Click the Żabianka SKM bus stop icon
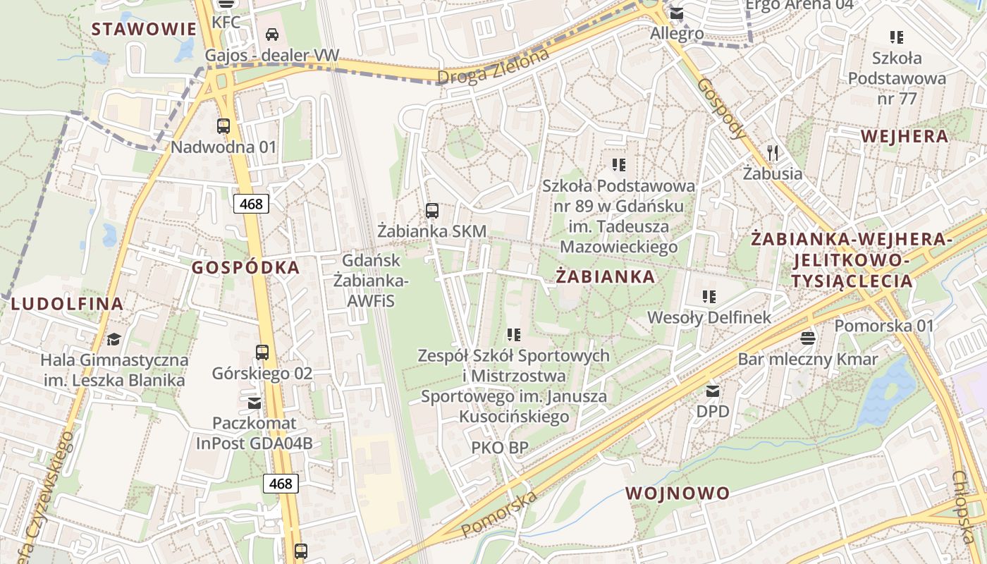[432, 210]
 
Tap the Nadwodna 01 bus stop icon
[223, 126]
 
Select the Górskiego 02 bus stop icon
[262, 352]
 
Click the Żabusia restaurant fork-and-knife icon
[773, 152]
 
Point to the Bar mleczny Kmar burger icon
[808, 338]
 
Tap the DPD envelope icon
[713, 391]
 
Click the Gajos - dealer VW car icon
[272, 34]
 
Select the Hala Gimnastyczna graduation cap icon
[114, 340]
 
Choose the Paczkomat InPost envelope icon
[254, 403]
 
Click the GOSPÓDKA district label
[246, 268]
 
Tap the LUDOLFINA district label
[67, 304]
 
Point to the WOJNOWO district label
[678, 493]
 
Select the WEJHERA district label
[905, 137]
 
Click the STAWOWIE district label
[144, 29]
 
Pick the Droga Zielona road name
[493, 68]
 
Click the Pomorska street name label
[499, 513]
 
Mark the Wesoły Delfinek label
[710, 318]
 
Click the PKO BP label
[500, 447]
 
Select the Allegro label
[677, 33]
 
